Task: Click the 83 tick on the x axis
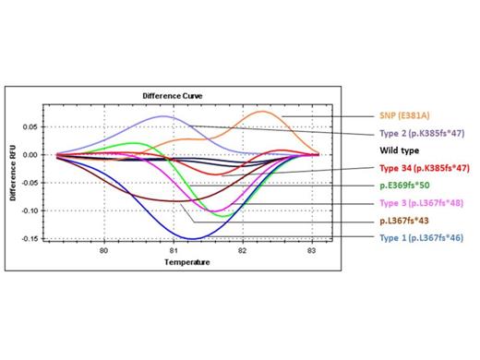[x=311, y=250]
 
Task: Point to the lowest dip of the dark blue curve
[x=191, y=238]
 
